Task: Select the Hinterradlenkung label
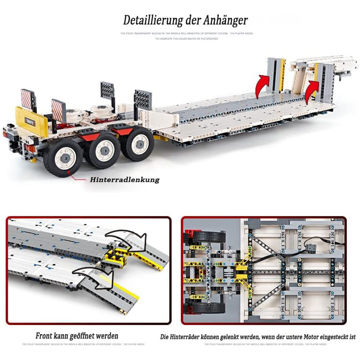[122, 180]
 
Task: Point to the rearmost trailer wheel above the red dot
[63, 157]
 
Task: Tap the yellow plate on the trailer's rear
[32, 120]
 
